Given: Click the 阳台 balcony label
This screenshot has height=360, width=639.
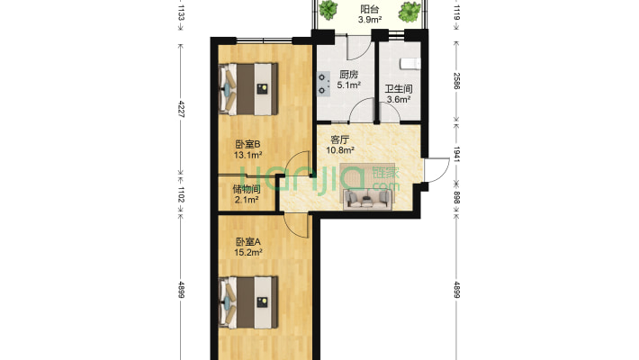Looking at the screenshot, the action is pos(370,9).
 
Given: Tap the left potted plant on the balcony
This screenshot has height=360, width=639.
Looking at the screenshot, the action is pos(328,9).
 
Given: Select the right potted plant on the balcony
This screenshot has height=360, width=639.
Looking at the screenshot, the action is pos(409,11).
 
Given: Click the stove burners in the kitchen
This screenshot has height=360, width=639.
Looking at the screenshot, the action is pos(324,84).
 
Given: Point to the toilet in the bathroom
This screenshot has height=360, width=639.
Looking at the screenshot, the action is pos(410,64).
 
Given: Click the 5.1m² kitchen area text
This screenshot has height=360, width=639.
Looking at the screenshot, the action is pos(349,85).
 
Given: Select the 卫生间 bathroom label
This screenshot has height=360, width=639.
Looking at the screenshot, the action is pos(399,89).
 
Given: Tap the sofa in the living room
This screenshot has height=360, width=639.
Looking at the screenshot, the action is pos(367,199).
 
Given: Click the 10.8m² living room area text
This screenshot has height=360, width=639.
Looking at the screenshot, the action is pos(340,150).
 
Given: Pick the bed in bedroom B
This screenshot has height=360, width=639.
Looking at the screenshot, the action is pos(248,89).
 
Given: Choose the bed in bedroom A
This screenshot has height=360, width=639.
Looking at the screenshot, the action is pos(248,302).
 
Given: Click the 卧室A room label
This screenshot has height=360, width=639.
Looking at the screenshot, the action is pos(247,242).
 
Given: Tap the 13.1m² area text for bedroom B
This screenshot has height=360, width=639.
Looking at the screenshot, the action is pos(247,155).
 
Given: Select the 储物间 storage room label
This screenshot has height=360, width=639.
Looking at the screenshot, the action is pos(247,189).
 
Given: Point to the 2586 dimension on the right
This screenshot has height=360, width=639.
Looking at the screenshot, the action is pos(457,81).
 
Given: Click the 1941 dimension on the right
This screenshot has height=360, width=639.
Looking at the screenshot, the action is pos(457,154).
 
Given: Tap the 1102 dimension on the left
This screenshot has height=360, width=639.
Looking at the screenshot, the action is pos(181,194).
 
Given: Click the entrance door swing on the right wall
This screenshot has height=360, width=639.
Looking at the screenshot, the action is pos(436,170).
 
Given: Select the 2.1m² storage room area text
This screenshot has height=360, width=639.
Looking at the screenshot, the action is pos(247,200).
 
